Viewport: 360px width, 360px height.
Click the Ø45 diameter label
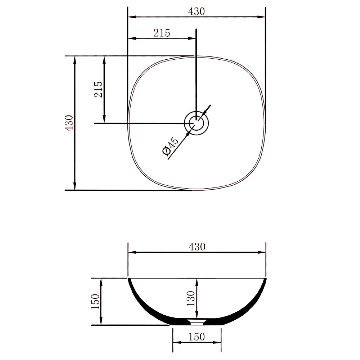pos(171,146)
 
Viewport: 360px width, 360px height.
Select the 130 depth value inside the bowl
pos(191,298)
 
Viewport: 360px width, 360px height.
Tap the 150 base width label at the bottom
pos(197,337)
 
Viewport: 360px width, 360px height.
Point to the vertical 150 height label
pos(95,301)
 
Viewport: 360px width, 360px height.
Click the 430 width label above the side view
pos(197,247)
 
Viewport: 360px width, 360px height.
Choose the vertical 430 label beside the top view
pos(69,123)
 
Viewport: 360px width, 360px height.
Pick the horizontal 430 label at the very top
pos(196,11)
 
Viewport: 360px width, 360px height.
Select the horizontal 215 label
pos(162,33)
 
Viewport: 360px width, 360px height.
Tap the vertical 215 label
pos(98,89)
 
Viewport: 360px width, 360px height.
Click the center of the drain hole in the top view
pos(197,123)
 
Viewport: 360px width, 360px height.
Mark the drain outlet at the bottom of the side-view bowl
pos(197,322)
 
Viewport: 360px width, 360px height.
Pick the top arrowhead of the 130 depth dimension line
pos(197,281)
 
